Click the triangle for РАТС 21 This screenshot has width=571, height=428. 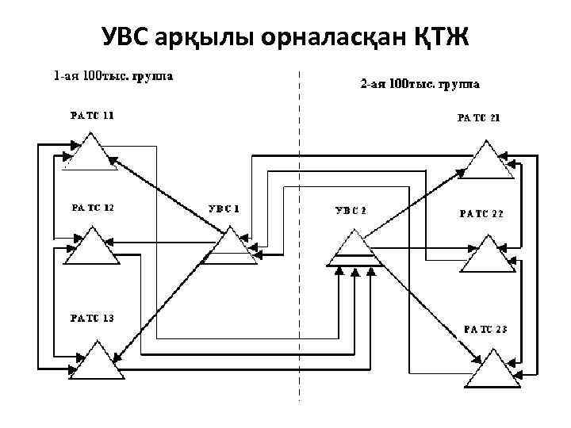coord(486,161)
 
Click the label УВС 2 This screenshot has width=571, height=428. coord(351,211)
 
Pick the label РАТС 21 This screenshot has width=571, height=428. coord(478,119)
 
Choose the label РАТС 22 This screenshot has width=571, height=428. coord(481,214)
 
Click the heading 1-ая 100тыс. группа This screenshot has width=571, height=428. coord(114,77)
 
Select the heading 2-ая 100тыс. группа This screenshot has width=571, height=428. coord(419,83)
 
